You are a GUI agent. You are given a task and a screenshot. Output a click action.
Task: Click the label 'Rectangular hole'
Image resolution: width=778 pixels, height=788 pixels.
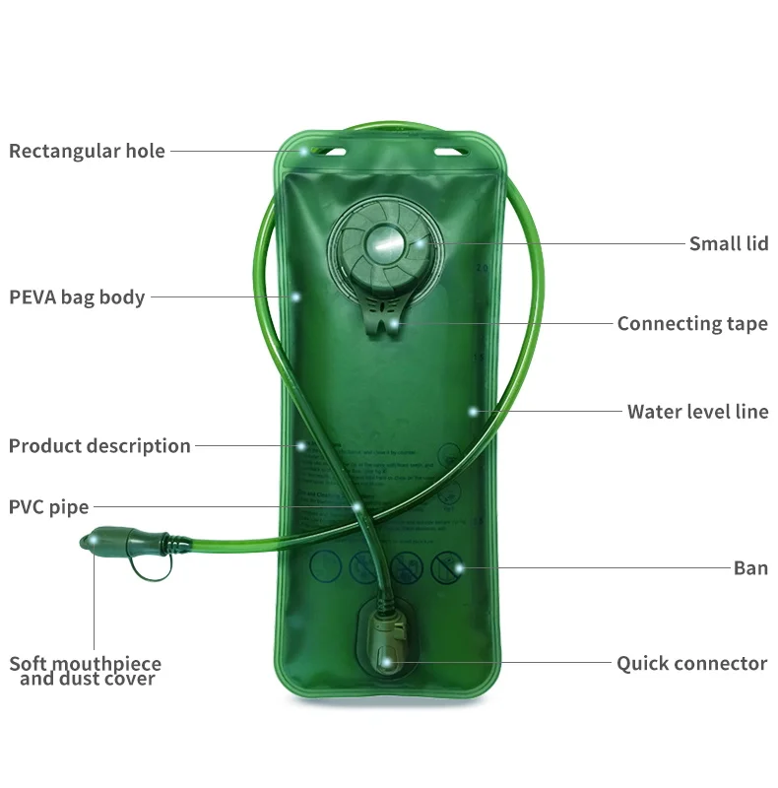(x=87, y=151)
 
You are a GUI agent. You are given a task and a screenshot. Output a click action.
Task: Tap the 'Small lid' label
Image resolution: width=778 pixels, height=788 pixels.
(x=728, y=243)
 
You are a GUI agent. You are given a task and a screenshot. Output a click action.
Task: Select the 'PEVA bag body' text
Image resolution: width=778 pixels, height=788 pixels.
(x=77, y=296)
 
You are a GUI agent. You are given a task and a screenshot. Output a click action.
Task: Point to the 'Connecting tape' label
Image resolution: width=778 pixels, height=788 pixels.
(x=691, y=323)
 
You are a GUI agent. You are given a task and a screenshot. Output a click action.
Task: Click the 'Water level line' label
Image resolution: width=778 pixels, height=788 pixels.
(x=697, y=411)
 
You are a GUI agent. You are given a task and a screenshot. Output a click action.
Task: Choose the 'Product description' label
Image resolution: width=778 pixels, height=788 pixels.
(x=99, y=445)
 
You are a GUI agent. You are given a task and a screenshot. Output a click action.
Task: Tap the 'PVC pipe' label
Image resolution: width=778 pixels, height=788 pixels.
(x=48, y=507)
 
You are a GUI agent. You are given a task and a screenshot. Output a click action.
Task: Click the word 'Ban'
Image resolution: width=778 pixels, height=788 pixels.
(x=750, y=567)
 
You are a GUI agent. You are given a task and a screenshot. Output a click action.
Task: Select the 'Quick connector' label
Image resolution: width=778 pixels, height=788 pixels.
(x=691, y=663)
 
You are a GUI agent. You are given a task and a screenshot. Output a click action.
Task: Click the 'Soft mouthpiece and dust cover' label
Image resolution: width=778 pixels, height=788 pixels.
(x=86, y=671)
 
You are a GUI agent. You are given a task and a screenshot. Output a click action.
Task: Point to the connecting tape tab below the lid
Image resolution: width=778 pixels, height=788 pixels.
(x=385, y=320)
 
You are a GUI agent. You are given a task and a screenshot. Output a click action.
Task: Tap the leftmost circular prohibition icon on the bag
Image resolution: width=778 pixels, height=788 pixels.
(x=326, y=565)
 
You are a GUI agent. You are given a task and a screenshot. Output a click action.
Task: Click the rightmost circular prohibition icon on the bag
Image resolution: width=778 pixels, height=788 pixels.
(x=447, y=565)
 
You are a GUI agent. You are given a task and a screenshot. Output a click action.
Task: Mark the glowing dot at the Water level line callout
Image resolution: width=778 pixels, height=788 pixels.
(x=474, y=411)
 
